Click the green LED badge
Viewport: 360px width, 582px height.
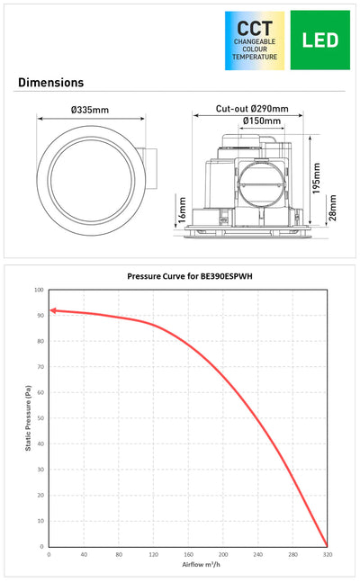click(319, 40)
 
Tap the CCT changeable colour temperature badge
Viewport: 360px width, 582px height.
click(255, 40)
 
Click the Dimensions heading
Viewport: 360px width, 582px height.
click(51, 83)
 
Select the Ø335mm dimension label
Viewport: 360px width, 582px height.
click(90, 110)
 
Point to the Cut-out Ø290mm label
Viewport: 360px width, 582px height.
click(252, 109)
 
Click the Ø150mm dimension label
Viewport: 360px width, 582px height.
click(262, 121)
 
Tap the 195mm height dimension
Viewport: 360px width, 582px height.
click(316, 178)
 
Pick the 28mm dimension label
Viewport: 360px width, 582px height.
click(332, 208)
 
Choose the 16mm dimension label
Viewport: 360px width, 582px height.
click(182, 210)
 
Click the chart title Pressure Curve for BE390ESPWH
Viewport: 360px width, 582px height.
click(190, 276)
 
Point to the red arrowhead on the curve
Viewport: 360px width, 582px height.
click(53, 310)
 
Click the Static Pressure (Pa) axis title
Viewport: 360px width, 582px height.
click(28, 418)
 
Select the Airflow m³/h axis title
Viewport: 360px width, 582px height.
click(201, 564)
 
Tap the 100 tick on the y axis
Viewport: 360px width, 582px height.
click(39, 290)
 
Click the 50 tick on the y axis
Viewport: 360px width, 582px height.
click(40, 418)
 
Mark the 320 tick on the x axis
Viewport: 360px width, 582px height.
click(328, 554)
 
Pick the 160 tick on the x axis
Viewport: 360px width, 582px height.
click(188, 554)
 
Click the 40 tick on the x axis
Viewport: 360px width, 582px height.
click(84, 554)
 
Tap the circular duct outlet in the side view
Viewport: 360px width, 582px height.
click(261, 184)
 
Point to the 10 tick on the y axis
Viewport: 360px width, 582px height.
click(40, 521)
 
